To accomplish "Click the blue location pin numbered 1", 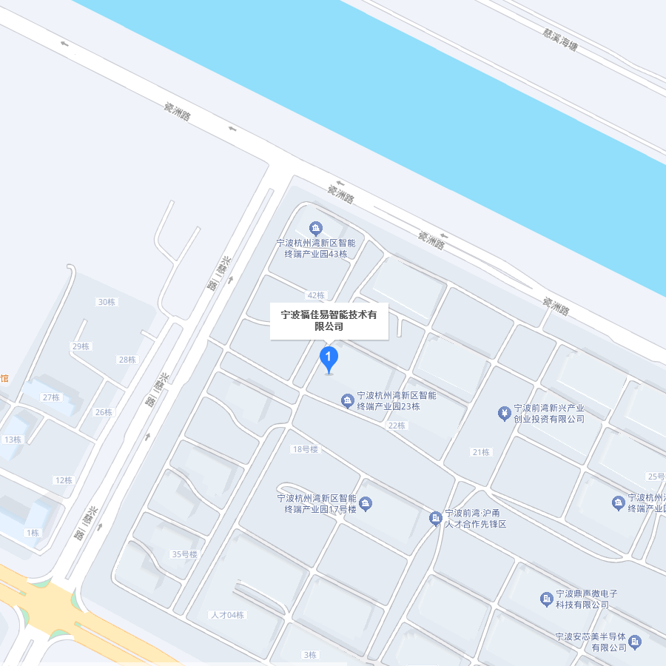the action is pyautogui.click(x=329, y=358).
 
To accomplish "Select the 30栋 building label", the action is pyautogui.click(x=107, y=301).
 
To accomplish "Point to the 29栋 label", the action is pyautogui.click(x=81, y=346).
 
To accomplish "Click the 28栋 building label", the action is pyautogui.click(x=127, y=360).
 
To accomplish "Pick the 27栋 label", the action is pyautogui.click(x=51, y=397).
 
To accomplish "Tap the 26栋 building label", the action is pyautogui.click(x=104, y=412).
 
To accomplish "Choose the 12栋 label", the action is pyautogui.click(x=64, y=480).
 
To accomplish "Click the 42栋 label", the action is pyautogui.click(x=316, y=295).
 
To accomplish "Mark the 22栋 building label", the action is pyautogui.click(x=397, y=425).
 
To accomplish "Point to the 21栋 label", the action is pyautogui.click(x=481, y=452).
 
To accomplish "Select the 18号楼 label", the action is pyautogui.click(x=305, y=449).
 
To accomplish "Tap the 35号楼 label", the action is pyautogui.click(x=185, y=554).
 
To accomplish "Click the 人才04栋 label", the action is pyautogui.click(x=227, y=615).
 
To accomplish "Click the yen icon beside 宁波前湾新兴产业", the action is pyautogui.click(x=504, y=412).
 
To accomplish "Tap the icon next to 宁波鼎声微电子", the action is pyautogui.click(x=546, y=598).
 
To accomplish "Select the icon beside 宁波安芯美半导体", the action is pyautogui.click(x=634, y=641).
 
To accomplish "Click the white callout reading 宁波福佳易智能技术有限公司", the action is pyautogui.click(x=329, y=320).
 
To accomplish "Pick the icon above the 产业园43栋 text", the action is pyautogui.click(x=316, y=228).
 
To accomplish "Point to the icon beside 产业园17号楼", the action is pyautogui.click(x=366, y=504).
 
